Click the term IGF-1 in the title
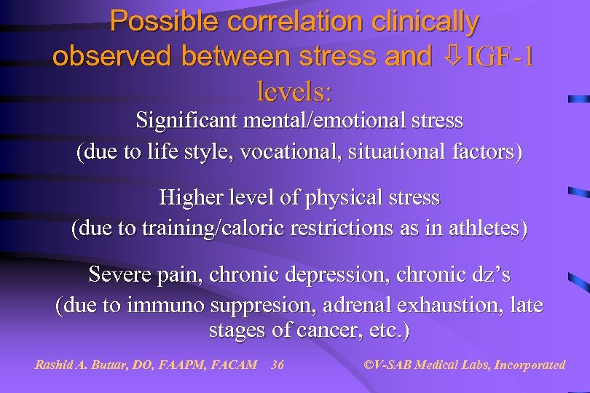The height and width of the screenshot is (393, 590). click(x=497, y=57)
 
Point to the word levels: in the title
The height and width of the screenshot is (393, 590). click(x=295, y=92)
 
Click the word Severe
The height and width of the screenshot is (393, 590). click(x=119, y=275)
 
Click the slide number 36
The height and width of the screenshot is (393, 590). click(x=277, y=365)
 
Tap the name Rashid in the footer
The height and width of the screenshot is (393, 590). click(x=56, y=365)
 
